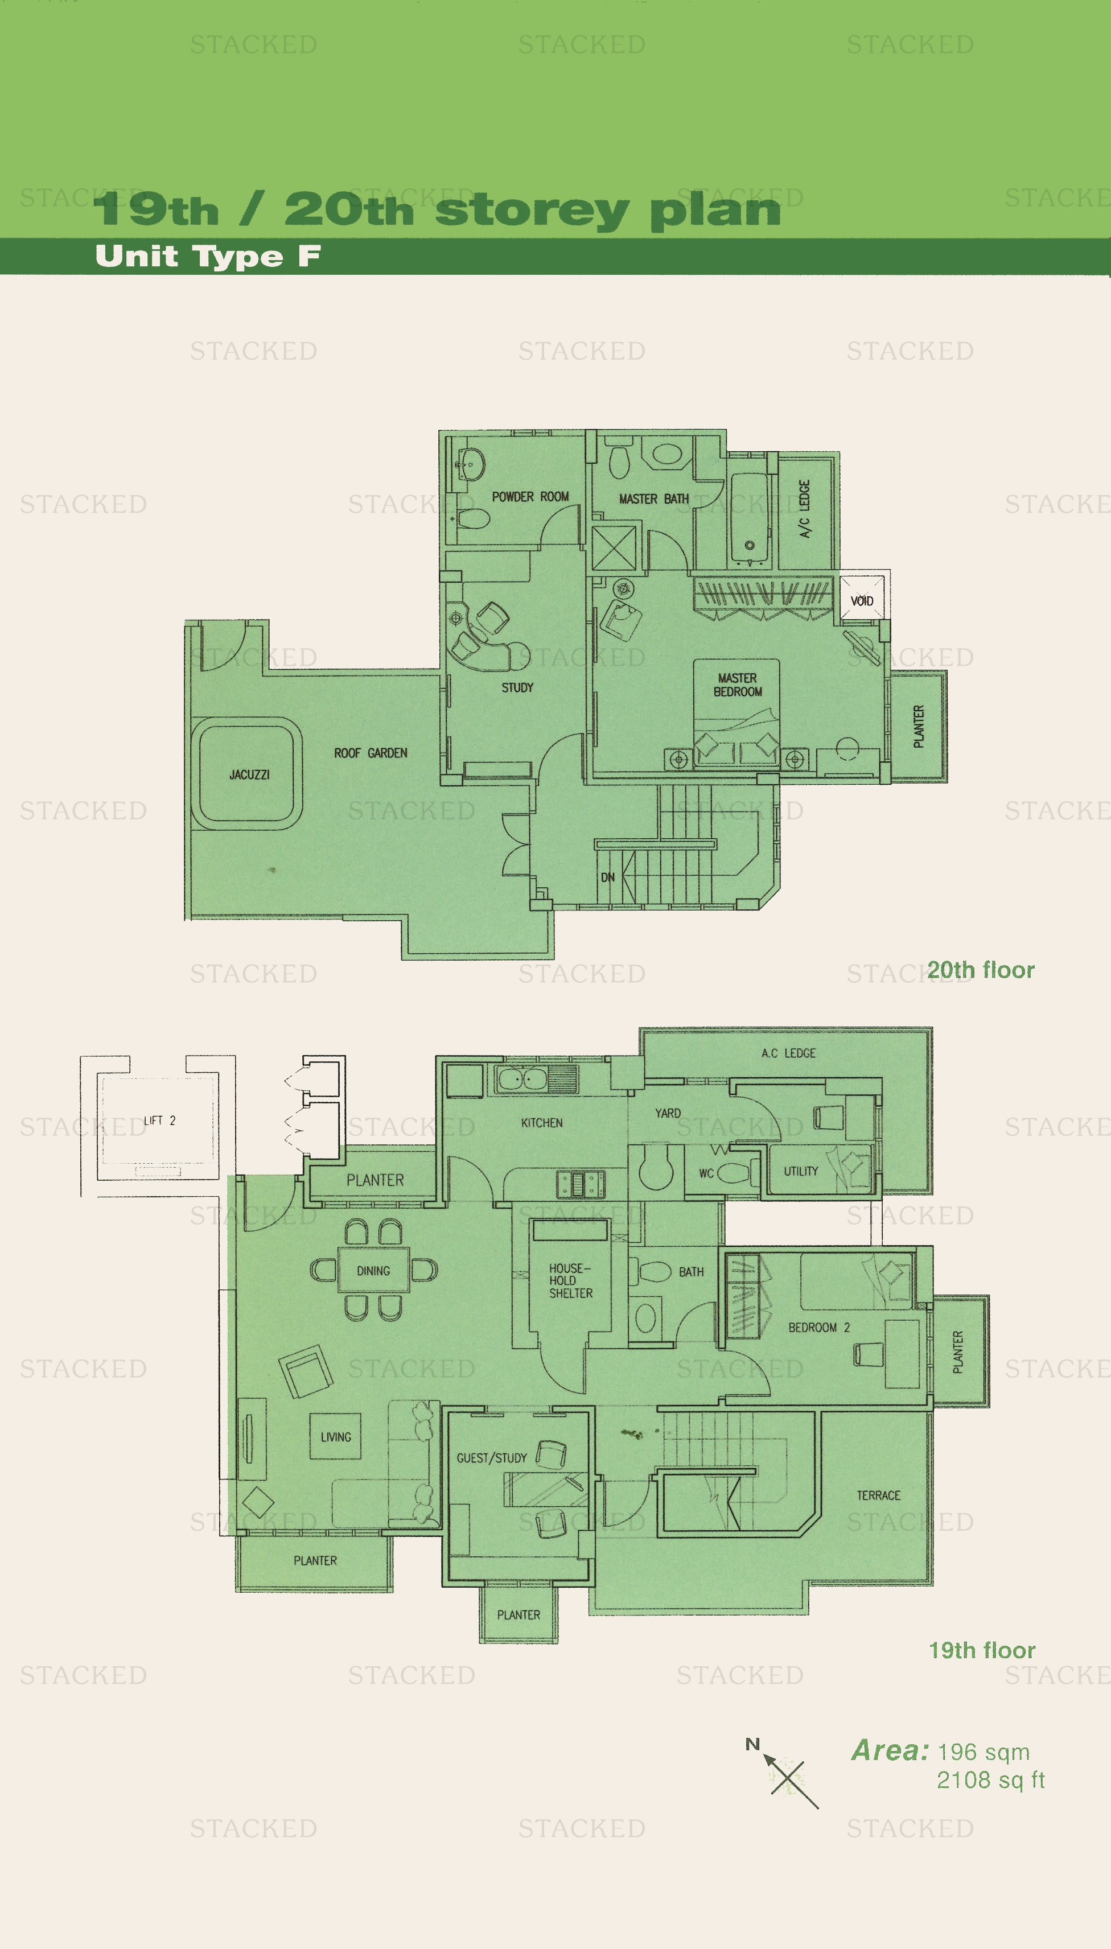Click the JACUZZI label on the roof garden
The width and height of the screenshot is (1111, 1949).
coord(249,774)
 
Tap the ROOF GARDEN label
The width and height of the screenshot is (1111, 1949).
coord(371,753)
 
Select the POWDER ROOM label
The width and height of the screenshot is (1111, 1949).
coord(530,497)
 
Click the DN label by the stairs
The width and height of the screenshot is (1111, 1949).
coord(607,877)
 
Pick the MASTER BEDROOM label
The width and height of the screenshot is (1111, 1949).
coord(738,685)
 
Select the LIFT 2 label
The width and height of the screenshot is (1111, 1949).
coord(159,1120)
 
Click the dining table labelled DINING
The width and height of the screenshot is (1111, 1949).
coord(373,1270)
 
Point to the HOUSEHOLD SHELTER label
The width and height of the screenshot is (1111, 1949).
coord(571,1281)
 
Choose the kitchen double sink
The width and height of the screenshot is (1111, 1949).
coord(522,1079)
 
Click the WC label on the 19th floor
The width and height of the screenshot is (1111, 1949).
coord(706,1173)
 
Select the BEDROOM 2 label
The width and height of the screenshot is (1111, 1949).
coord(819,1327)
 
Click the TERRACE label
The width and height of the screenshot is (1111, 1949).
coord(878,1495)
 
